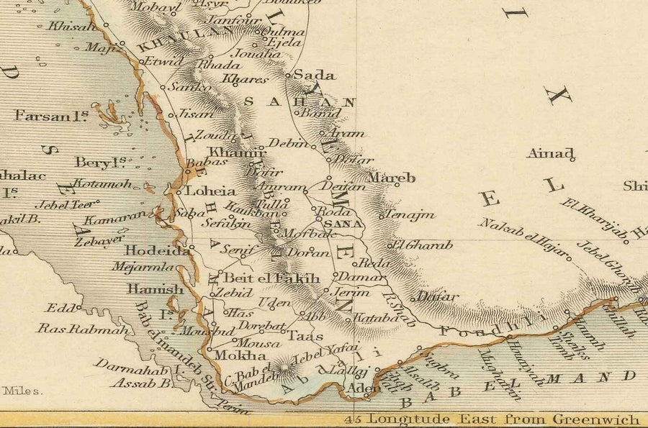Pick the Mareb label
coord(392,177)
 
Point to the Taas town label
coord(305,336)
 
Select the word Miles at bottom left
coord(22,391)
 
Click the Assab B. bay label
coord(140,384)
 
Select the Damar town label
coord(352,277)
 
